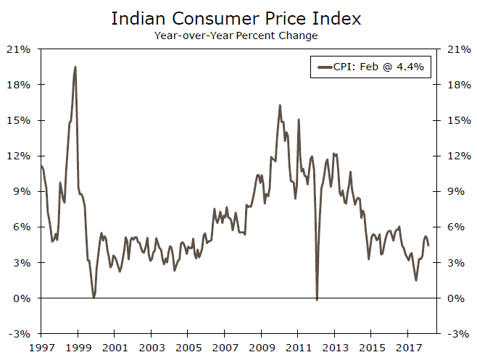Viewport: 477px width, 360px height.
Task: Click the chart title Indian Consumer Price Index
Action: point(238,17)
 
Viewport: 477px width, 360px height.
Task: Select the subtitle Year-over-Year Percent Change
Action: point(238,34)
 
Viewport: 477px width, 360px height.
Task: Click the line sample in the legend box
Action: point(325,68)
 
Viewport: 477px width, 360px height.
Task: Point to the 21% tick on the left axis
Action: point(20,49)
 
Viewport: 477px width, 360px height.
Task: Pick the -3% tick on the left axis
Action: point(20,333)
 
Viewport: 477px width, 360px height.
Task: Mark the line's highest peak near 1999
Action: point(75,67)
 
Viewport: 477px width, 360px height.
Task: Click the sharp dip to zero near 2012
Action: point(317,299)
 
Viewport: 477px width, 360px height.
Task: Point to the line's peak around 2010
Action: point(280,105)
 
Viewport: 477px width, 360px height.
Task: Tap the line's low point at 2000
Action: point(94,297)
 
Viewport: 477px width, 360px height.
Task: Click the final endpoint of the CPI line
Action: point(428,246)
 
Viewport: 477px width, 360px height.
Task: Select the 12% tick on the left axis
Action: point(20,156)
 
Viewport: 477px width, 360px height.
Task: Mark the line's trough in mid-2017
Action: point(416,280)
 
